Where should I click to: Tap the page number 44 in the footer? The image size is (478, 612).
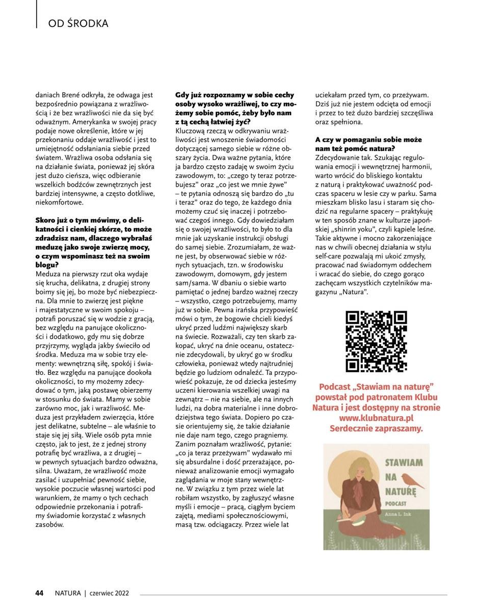[39, 593]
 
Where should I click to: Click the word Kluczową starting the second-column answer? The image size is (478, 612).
[191, 132]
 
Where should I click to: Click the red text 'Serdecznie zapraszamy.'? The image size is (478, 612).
[376, 428]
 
